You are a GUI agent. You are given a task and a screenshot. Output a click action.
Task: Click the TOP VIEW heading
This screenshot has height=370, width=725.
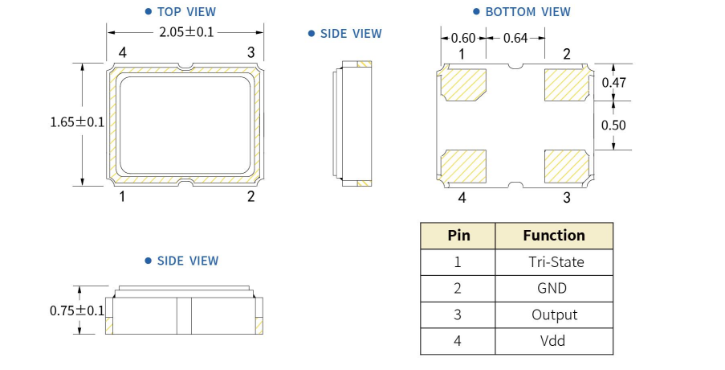186,12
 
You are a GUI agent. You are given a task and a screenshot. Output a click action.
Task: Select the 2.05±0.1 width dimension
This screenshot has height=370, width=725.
186,32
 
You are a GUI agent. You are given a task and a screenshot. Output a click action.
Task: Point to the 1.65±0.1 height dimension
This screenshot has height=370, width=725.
77,122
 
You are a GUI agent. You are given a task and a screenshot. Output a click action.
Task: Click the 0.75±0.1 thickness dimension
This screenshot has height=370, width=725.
77,310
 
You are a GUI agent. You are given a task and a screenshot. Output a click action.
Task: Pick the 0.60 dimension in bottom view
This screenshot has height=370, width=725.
463,38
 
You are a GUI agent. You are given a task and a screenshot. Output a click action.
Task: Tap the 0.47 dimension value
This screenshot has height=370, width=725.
614,82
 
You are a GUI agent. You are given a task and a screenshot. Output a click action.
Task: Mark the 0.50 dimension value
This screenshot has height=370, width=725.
614,125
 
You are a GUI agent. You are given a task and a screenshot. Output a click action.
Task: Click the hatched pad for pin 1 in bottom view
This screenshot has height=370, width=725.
465,84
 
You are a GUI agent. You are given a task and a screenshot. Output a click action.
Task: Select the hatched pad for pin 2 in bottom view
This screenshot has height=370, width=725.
567,84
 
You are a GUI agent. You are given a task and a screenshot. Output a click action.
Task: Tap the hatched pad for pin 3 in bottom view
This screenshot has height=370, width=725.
567,166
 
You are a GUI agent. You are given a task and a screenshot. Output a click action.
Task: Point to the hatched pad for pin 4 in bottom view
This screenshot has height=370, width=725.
465,166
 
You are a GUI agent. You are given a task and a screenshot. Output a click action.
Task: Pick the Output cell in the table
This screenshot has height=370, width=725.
554,314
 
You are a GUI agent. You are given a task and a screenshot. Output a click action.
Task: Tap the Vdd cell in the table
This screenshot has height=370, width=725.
553,341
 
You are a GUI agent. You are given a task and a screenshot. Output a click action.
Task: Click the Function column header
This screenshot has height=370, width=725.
554,236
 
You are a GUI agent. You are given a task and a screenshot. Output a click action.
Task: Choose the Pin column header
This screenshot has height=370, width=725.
458,236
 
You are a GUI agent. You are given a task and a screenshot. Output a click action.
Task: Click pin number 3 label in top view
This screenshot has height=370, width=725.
251,53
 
